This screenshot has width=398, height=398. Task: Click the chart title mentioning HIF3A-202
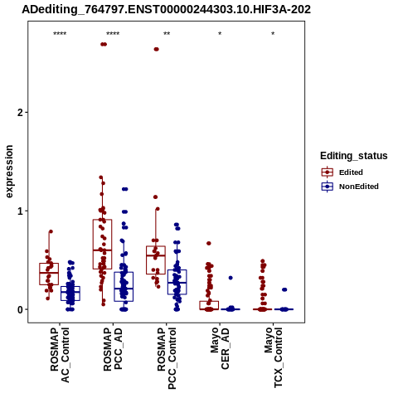click(166, 9)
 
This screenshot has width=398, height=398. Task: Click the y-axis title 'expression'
click(9, 172)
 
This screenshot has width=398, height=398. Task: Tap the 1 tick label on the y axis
click(20, 211)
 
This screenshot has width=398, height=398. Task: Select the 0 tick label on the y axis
click(20, 310)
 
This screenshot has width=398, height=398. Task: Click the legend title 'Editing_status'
click(354, 156)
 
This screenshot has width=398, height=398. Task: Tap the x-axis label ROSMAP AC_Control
click(60, 355)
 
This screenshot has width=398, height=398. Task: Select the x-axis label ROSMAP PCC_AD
click(113, 349)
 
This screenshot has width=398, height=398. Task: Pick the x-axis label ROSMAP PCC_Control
click(167, 358)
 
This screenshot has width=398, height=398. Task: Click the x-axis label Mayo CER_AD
click(220, 348)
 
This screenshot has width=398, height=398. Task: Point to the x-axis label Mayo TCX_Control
click(274, 357)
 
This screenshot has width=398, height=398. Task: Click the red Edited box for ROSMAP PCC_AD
click(102, 245)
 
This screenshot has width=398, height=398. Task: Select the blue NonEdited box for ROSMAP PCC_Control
click(177, 282)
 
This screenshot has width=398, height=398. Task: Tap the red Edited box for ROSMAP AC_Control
click(49, 274)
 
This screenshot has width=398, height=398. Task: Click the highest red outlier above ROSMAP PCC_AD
click(104, 44)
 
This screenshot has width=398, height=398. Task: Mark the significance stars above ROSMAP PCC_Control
click(167, 34)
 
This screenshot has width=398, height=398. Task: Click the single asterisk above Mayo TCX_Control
click(273, 34)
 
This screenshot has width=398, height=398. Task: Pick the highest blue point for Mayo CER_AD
click(231, 278)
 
